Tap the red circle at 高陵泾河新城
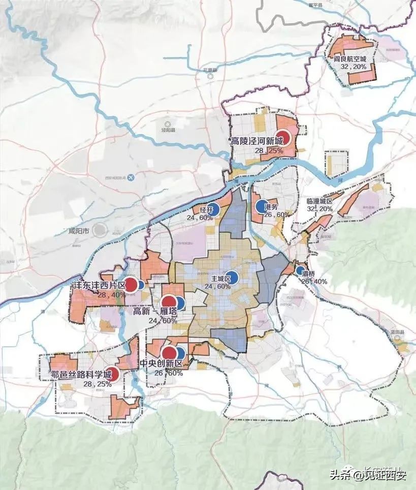pyautogui.click(x=284, y=138)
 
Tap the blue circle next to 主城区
pyautogui.click(x=233, y=277)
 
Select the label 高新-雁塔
pyautogui.click(x=155, y=312)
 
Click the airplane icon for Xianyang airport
pyautogui.click(x=131, y=177)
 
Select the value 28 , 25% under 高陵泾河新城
pyautogui.click(x=254, y=151)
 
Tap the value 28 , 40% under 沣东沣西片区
pyautogui.click(x=112, y=295)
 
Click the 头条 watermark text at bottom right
pyautogui.click(x=341, y=475)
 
